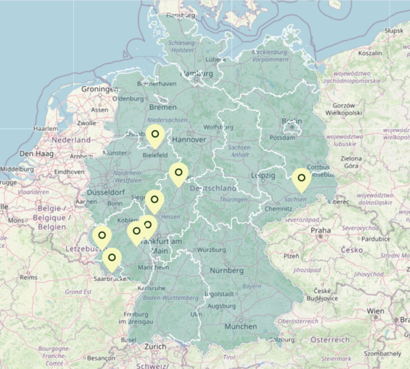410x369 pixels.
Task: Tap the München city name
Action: pos(240,327)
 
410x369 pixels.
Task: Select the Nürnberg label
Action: pos(226,271)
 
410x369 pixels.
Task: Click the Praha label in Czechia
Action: pos(321,231)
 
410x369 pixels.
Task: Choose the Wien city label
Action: pos(375,311)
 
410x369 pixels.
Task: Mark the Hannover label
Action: pos(189,139)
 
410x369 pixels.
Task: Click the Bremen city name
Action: pos(163,107)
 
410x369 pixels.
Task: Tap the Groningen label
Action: pos(100,90)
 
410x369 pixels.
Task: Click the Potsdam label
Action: pos(282,137)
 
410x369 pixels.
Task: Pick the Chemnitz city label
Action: pos(278,208)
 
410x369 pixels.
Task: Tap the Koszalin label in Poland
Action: pos(370,53)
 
